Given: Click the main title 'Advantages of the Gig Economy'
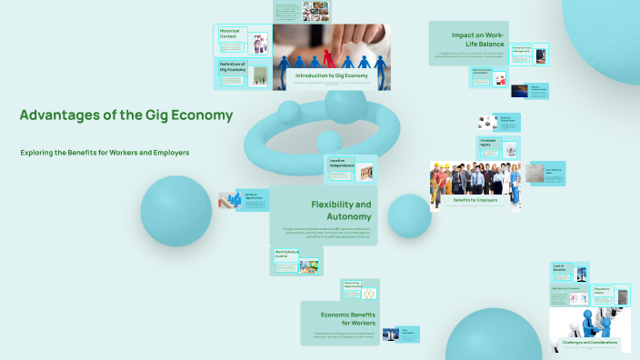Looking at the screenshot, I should tap(126, 115).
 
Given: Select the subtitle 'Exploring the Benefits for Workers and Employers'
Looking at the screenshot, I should tap(105, 153).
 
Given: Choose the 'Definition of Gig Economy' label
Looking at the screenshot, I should tap(234, 68).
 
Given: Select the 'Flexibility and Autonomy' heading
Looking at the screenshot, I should tap(341, 210).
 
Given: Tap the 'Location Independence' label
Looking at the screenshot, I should tap(340, 163).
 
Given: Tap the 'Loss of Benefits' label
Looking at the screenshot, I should tap(560, 268).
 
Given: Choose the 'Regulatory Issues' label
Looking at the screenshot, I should tap(602, 291).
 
